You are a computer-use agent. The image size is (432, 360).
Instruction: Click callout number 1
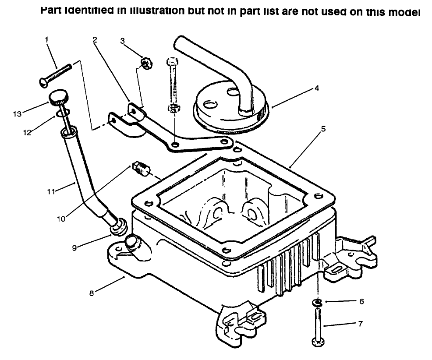pyautogui.click(x=47, y=39)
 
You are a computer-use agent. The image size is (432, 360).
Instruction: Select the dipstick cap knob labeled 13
pyautogui.click(x=57, y=96)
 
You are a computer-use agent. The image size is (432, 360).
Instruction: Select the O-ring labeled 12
pyautogui.click(x=60, y=114)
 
